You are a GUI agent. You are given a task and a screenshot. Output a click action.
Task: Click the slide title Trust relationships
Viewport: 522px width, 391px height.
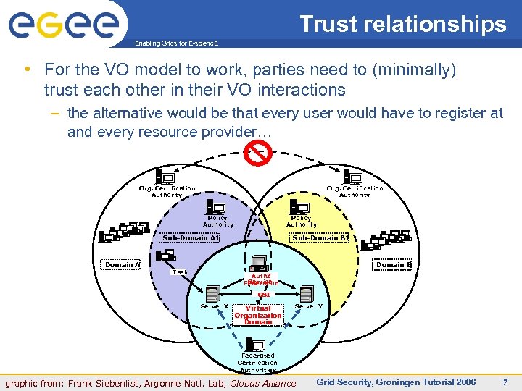tap(403, 24)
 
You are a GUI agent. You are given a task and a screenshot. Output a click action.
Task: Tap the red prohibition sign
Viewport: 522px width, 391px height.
tap(258, 153)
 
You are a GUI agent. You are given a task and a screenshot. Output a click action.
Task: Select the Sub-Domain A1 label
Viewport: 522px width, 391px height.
tap(189, 237)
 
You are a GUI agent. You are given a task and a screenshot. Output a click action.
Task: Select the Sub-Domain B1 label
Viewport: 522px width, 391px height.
tap(320, 237)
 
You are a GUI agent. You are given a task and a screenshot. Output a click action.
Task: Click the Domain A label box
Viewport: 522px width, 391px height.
tap(120, 264)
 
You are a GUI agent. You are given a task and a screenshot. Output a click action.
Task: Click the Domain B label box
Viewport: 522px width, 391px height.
tap(393, 264)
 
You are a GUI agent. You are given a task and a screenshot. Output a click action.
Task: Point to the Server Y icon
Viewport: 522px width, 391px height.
tap(306, 294)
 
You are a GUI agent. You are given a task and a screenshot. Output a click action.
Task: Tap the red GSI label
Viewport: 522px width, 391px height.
tap(264, 295)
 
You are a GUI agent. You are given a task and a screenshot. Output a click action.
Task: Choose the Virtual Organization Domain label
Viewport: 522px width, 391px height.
tap(258, 315)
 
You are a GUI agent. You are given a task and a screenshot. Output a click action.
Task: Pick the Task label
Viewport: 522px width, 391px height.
tap(180, 272)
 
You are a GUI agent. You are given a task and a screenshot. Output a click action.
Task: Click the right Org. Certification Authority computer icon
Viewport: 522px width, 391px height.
tap(353, 177)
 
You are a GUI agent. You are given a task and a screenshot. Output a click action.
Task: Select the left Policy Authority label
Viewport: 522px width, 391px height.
tap(217, 221)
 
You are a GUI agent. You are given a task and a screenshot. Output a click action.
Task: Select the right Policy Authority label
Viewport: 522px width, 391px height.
tap(301, 221)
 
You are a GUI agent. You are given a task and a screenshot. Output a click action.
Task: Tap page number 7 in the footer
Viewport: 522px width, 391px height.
tap(506, 382)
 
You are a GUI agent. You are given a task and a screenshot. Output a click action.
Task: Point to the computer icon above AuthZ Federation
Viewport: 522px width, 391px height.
tap(259, 263)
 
